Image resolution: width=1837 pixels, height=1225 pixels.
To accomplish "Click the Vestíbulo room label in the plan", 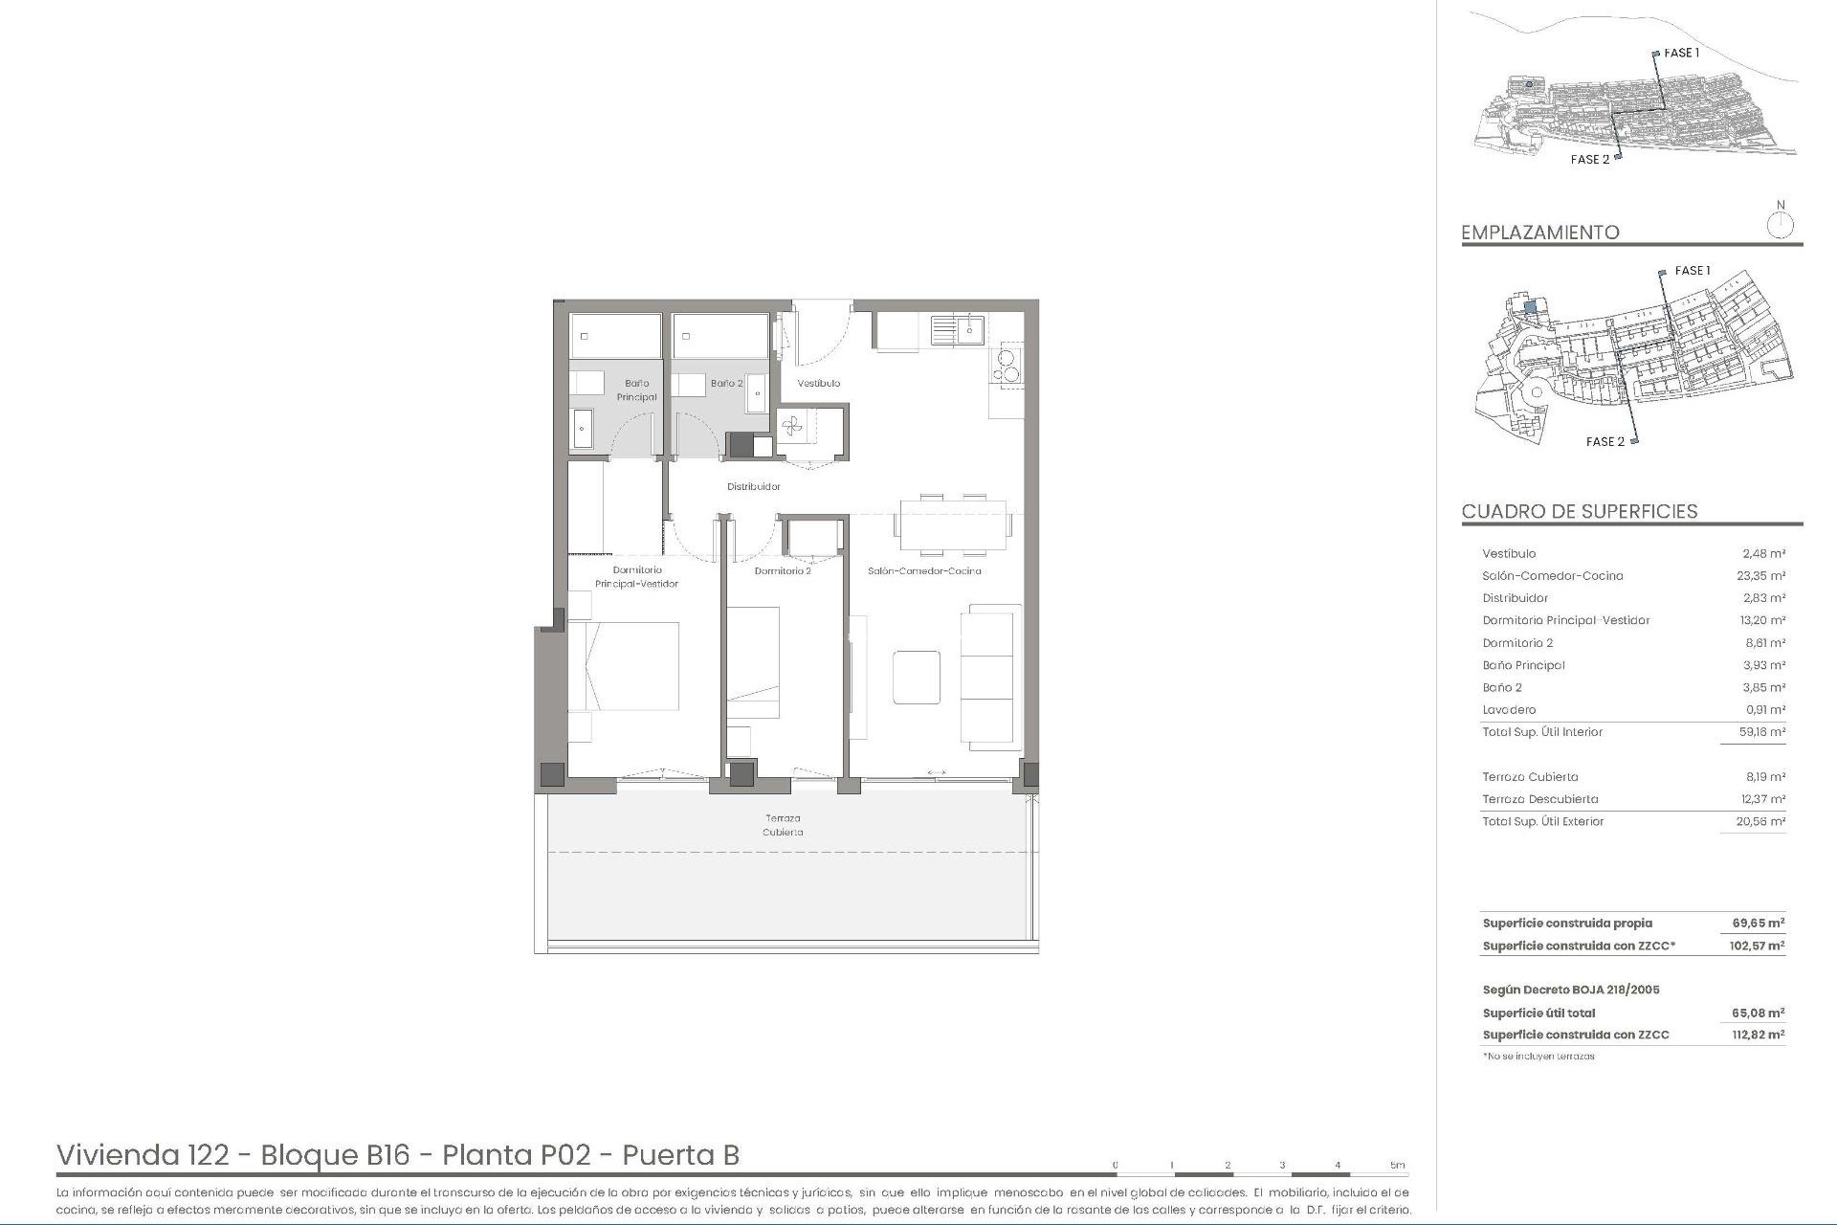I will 819,383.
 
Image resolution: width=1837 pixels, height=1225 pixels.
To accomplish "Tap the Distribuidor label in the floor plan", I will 753,486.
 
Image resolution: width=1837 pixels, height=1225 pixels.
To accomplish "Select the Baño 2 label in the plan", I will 726,383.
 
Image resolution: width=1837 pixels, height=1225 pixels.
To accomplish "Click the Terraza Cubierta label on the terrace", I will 783,825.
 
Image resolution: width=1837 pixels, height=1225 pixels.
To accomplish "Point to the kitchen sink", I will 958,330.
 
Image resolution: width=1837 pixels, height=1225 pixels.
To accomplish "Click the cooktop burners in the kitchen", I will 1007,365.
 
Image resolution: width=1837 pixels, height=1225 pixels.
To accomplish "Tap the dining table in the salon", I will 952,525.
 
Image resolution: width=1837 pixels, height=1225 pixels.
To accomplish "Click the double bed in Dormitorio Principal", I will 624,666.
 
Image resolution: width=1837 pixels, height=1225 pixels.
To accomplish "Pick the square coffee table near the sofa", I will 917,677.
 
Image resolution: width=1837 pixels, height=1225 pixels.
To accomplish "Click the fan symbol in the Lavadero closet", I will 793,427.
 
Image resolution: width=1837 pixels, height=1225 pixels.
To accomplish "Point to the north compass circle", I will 1780,226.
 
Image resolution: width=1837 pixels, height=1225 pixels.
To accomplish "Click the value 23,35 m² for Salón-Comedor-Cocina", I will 1761,576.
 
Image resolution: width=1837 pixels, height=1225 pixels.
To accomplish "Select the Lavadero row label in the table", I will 1509,710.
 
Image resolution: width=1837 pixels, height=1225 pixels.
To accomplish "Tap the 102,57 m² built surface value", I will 1758,946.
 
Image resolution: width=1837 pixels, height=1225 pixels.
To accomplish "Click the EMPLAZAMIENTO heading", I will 1539,233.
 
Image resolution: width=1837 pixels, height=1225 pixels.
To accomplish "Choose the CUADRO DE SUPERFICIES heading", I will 1579,511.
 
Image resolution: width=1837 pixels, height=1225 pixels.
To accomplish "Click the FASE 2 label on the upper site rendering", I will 1589,160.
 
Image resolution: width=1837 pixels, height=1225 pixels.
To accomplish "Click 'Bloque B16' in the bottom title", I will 335,1155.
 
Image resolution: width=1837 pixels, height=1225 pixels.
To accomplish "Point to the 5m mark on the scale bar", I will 1398,1166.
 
